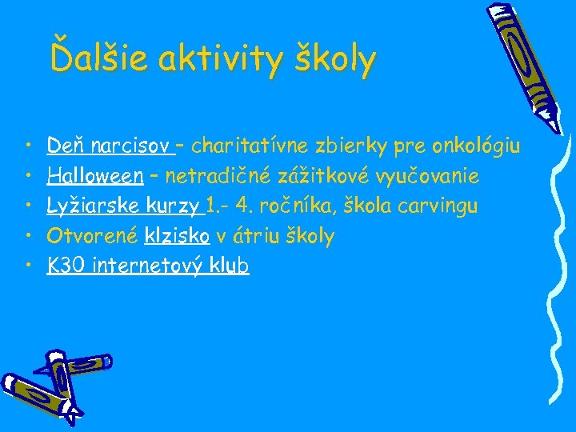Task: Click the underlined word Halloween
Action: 95,175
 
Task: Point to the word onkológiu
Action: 476,146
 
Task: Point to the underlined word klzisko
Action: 177,235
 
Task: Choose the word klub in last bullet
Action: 230,266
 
